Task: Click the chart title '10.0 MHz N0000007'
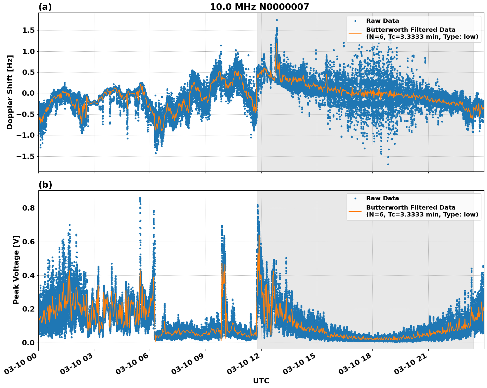259,7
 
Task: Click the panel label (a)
45,7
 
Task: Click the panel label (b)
45,185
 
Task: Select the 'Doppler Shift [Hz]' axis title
10,92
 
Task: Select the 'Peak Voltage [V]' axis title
16,269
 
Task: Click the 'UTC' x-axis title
261,381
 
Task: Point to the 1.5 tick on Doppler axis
29,30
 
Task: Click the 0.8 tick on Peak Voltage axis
29,208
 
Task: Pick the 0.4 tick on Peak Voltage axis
29,275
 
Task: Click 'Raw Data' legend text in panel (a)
382,21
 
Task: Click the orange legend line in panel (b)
355,211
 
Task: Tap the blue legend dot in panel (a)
355,21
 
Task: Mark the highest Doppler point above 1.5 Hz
277,20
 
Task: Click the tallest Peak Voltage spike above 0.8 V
140,198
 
